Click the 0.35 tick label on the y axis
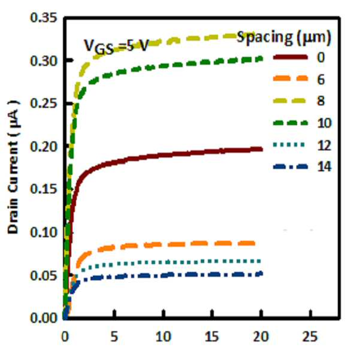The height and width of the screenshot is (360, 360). click(x=43, y=18)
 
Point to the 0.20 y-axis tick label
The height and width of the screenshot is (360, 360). click(x=43, y=147)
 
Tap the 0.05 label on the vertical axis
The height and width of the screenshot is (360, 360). click(x=43, y=276)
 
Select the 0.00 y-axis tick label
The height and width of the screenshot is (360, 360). click(x=43, y=319)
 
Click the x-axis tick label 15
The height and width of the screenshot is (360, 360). click(x=211, y=337)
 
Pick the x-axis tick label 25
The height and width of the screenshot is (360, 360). click(x=310, y=337)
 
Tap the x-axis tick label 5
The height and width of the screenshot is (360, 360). click(x=114, y=337)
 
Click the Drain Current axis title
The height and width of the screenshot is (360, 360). click(x=13, y=168)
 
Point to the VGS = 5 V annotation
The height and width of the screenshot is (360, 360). click(x=116, y=47)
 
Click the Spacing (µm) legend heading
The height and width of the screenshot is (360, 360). click(x=284, y=37)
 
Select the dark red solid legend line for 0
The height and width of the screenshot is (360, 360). click(x=290, y=57)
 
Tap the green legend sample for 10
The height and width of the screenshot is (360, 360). click(x=290, y=123)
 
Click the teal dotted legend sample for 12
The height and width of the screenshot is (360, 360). click(x=289, y=144)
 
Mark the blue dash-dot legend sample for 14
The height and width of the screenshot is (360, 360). click(x=290, y=167)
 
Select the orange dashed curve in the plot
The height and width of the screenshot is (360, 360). click(x=161, y=244)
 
